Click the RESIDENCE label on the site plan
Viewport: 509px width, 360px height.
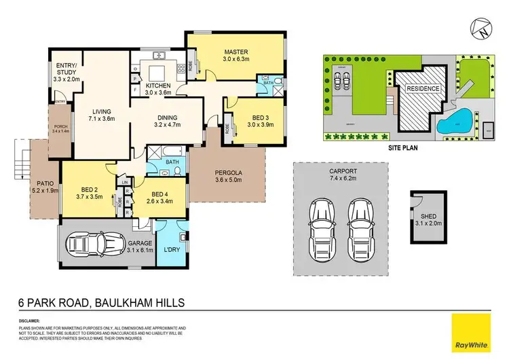(423, 89)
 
